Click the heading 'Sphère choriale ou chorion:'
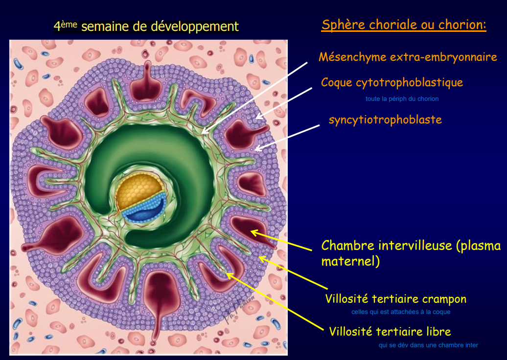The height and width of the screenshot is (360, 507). point(404,24)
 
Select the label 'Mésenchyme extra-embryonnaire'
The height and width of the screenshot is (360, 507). point(408,57)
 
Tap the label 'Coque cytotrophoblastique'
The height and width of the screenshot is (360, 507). point(392,83)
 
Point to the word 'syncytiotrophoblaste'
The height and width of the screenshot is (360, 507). point(385,120)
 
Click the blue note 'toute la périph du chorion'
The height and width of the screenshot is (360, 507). point(402,99)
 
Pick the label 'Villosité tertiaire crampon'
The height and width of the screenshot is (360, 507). point(396,299)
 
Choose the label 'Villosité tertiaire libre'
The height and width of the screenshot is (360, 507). point(390,332)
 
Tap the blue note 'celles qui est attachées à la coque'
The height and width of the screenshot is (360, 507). point(401,312)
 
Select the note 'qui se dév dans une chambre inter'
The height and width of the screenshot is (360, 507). point(428,345)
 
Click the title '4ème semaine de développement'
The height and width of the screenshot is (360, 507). point(146,26)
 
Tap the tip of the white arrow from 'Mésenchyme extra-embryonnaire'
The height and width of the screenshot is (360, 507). point(202,133)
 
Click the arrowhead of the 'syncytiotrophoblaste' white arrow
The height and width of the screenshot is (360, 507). point(255,149)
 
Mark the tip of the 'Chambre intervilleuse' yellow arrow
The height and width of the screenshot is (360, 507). point(251,231)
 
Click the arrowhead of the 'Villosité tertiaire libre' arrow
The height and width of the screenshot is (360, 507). point(226,274)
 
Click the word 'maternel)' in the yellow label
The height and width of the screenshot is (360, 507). point(350,261)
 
